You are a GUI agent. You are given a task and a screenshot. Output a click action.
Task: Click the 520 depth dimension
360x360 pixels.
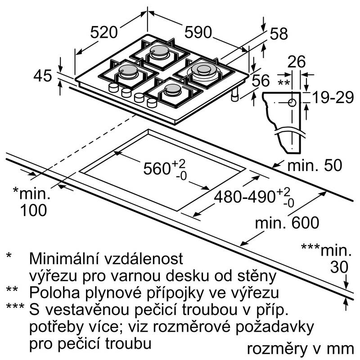104,32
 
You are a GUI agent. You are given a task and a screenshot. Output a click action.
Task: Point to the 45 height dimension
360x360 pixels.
43,75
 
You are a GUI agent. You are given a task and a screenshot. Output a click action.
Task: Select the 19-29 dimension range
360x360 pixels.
332,96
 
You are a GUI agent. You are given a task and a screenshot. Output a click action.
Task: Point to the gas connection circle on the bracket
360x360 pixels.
292,103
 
